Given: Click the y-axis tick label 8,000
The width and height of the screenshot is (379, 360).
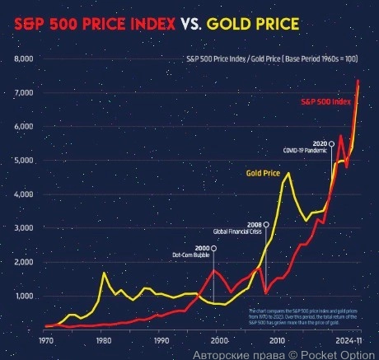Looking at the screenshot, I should tap(24, 59).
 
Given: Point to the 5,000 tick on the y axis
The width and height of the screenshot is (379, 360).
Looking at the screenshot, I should tap(24, 161).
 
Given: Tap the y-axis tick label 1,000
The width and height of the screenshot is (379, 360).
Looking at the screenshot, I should tap(24, 296).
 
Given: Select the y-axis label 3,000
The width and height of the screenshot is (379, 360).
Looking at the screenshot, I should tap(24, 228).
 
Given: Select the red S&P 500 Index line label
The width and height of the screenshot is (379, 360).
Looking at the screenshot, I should tap(327, 101).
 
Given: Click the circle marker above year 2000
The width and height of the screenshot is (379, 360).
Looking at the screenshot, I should tap(213, 248).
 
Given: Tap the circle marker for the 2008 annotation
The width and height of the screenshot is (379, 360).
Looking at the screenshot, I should tap(265, 224).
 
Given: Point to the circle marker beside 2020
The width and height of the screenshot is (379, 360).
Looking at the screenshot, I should tap(331, 144).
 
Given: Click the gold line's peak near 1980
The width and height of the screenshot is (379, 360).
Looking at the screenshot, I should tap(104, 273).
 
